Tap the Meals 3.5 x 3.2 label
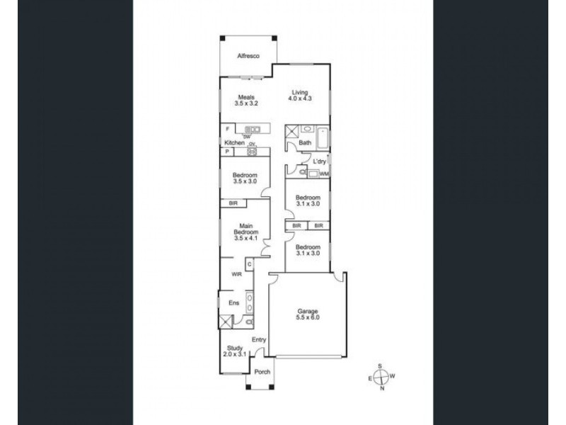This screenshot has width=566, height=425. (x=246, y=101)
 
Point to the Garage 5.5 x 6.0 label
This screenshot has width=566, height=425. (x=308, y=314)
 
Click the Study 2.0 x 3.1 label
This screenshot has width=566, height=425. (x=234, y=351)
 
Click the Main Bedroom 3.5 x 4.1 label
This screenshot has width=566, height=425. (x=246, y=232)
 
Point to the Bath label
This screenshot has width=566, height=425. (x=306, y=143)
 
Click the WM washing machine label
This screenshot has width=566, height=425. (x=324, y=174)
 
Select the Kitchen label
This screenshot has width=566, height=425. (x=233, y=143)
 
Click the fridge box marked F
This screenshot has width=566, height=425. (x=227, y=130)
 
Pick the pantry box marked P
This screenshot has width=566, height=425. (x=227, y=152)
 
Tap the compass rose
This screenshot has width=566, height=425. (x=381, y=376)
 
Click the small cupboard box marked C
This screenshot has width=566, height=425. (x=250, y=264)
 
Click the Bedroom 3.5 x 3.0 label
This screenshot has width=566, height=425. (x=246, y=178)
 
